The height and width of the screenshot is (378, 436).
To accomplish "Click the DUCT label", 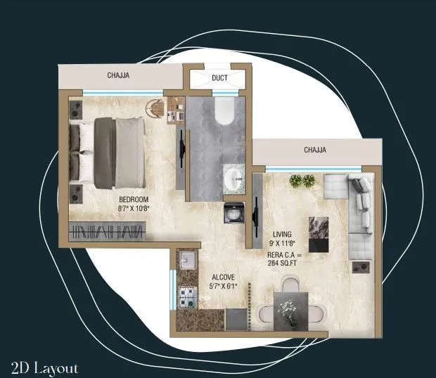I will point(219,77).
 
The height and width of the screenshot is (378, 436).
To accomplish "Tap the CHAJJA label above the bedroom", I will point(117,75).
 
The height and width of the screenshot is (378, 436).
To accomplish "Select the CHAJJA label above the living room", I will point(314,150).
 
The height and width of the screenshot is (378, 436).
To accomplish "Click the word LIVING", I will point(283,233).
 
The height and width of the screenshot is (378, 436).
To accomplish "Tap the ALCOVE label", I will point(223,277).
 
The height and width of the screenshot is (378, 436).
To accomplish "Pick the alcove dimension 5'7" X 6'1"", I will point(224,286).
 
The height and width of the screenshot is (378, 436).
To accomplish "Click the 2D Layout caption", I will point(44,367).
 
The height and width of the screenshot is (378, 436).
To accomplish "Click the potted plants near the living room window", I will point(303,181).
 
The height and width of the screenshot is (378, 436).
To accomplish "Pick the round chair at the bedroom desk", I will point(156,109).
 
